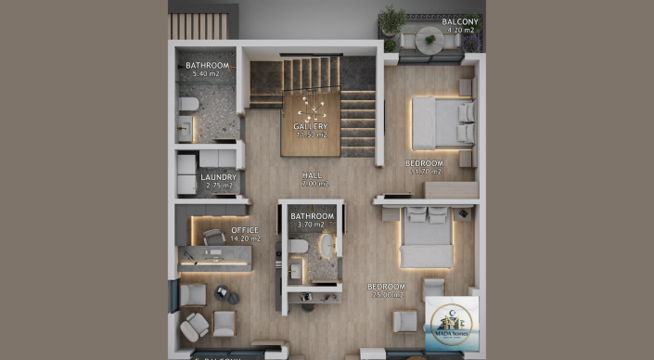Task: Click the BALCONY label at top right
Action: (459, 20)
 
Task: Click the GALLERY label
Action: (311, 126)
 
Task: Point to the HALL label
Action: (312, 174)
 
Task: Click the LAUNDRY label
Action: (219, 176)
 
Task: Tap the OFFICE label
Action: (245, 230)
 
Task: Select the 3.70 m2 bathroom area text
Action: (312, 225)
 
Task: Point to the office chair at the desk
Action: (212, 238)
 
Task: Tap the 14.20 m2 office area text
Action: (246, 239)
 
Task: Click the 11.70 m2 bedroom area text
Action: (424, 172)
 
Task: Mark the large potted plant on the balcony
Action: (392, 19)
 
